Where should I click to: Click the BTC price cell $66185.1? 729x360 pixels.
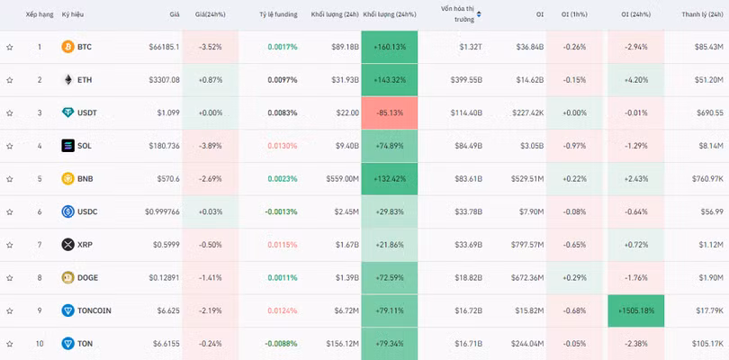coord(164,47)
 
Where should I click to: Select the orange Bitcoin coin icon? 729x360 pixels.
coord(67,47)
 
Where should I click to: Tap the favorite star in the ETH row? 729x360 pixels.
coord(10,80)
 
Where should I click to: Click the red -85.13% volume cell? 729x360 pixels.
coord(390,112)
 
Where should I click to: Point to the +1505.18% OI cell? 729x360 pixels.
coord(636,310)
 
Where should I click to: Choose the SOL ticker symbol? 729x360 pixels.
coord(85,146)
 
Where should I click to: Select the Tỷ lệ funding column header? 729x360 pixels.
coord(278,14)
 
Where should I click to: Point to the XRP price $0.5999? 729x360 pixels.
coord(165,245)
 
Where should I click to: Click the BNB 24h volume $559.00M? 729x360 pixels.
coord(341,179)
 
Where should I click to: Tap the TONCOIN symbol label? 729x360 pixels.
coord(94,310)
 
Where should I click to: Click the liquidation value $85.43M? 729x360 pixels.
coord(706,47)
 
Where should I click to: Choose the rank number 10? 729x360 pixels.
coord(39,344)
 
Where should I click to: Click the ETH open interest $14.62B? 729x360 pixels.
coord(527,80)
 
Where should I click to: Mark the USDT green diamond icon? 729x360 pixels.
coord(67,112)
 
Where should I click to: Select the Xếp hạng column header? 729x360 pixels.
coord(39,14)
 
